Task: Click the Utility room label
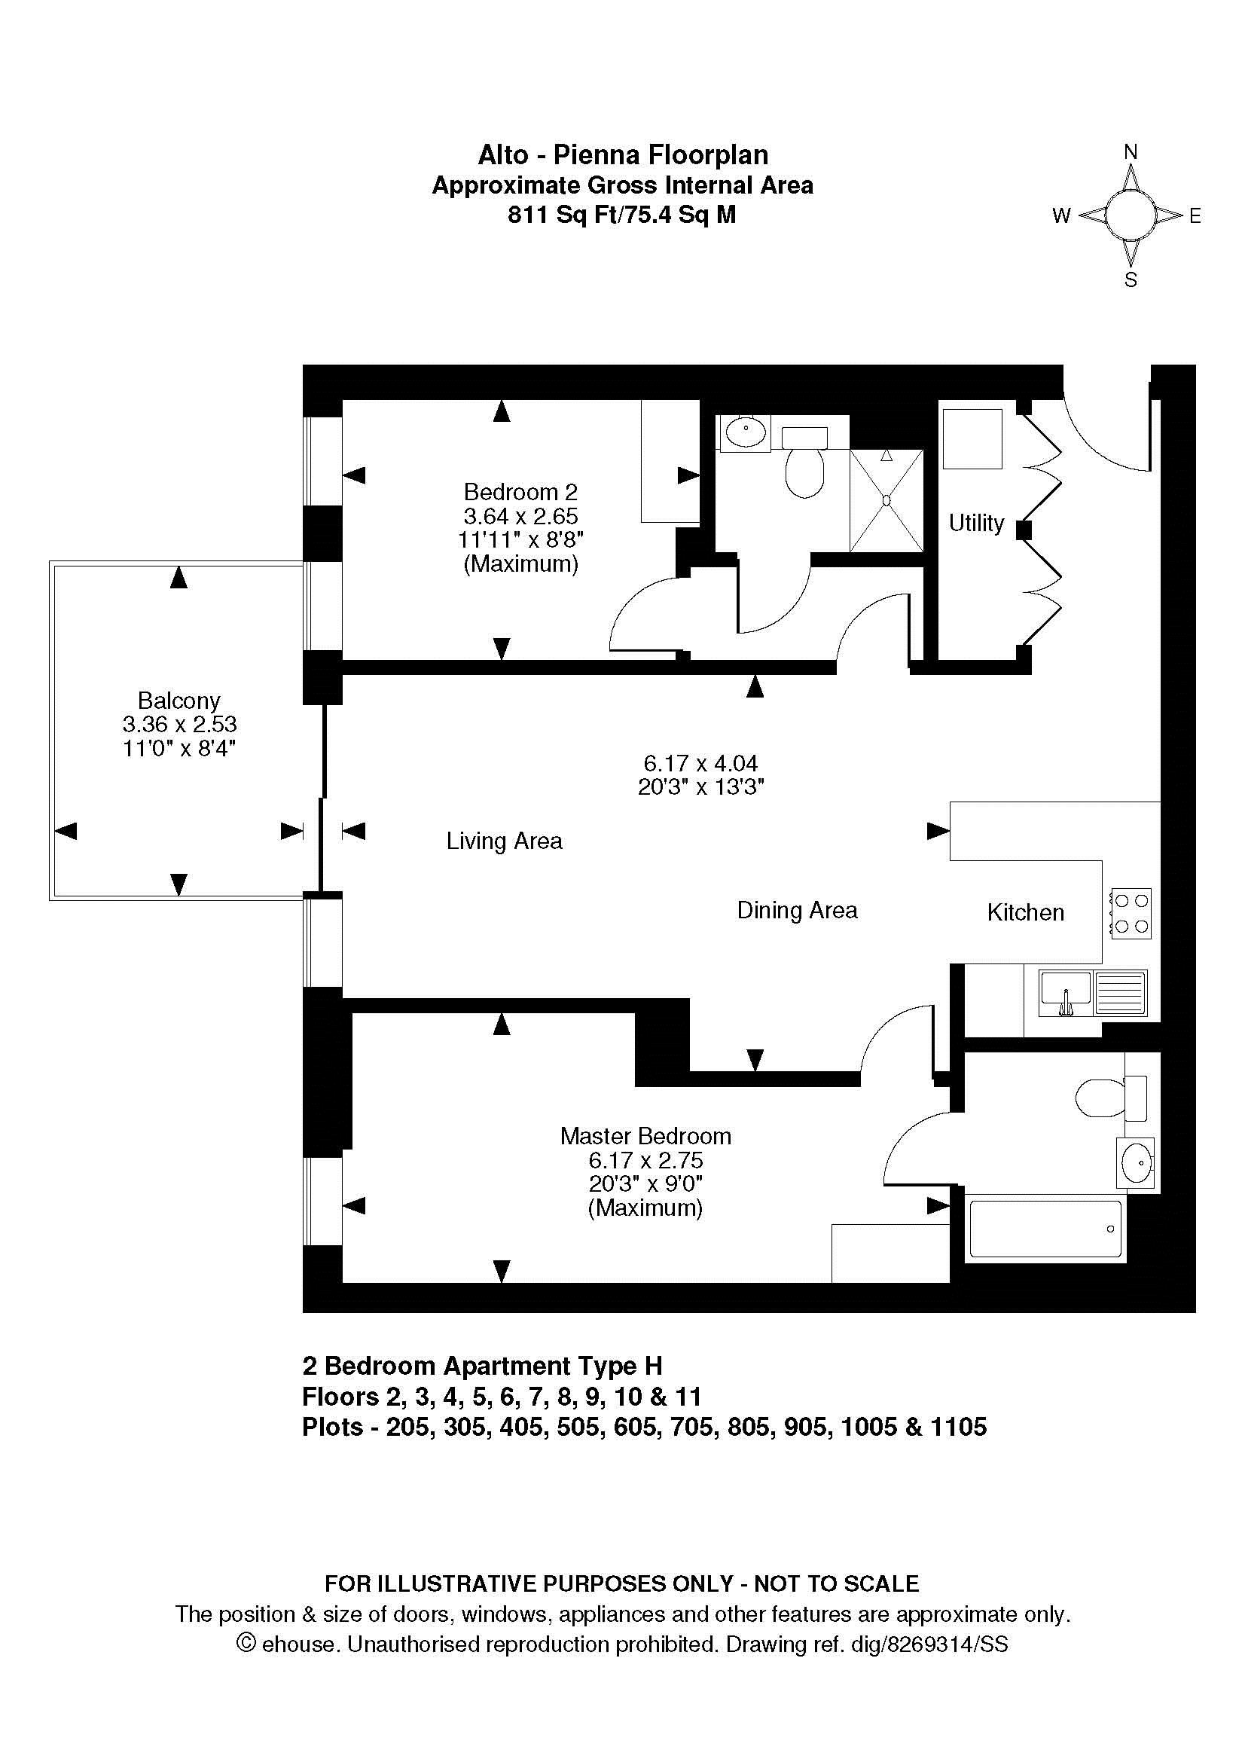(x=976, y=523)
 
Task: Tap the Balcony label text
(x=179, y=700)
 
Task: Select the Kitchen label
(x=1025, y=912)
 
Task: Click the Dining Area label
(x=797, y=910)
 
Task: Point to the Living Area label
(x=504, y=841)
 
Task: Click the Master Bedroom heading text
(x=645, y=1136)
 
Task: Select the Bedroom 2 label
(x=520, y=491)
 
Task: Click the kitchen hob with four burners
(x=1131, y=913)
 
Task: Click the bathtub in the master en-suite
(x=1045, y=1230)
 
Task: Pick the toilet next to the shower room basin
(x=804, y=463)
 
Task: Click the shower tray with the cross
(x=886, y=500)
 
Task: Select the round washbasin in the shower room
(x=745, y=434)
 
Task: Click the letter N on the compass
(x=1130, y=153)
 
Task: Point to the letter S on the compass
(x=1130, y=280)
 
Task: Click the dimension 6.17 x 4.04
(x=700, y=763)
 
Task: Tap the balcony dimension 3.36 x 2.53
(x=179, y=724)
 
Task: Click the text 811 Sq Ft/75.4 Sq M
(x=622, y=215)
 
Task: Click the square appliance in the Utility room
(x=972, y=439)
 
